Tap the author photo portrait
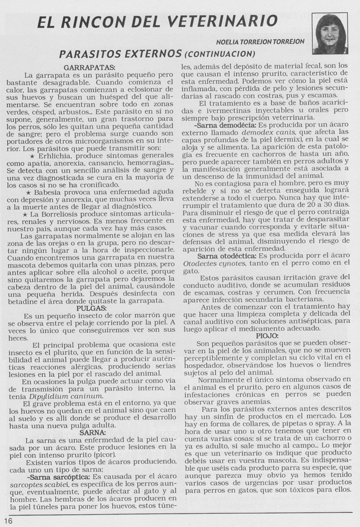[x=330, y=33]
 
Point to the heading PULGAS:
[x=91, y=308]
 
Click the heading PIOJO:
[x=266, y=336]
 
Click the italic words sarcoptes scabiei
[x=39, y=485]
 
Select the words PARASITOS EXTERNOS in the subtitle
[x=120, y=53]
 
